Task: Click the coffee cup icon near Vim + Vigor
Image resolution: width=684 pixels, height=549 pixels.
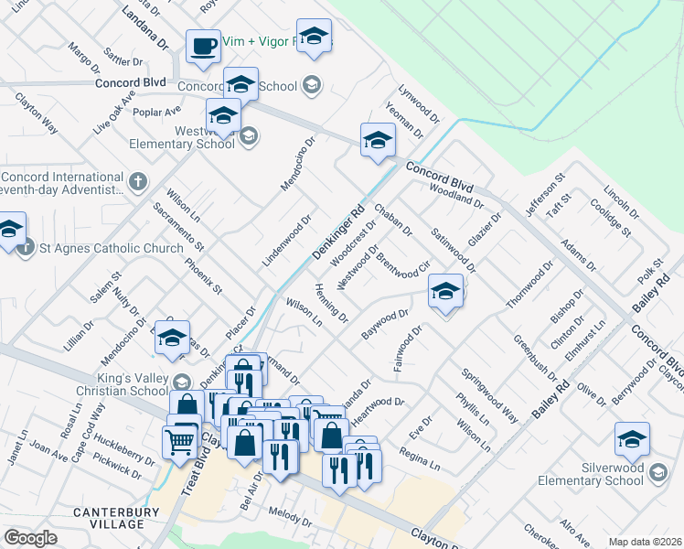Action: coord(203,46)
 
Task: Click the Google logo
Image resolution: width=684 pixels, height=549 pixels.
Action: coord(30,538)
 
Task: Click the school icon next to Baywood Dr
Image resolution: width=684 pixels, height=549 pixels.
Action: coord(444,292)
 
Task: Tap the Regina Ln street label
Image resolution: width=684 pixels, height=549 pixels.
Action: coord(420,459)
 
